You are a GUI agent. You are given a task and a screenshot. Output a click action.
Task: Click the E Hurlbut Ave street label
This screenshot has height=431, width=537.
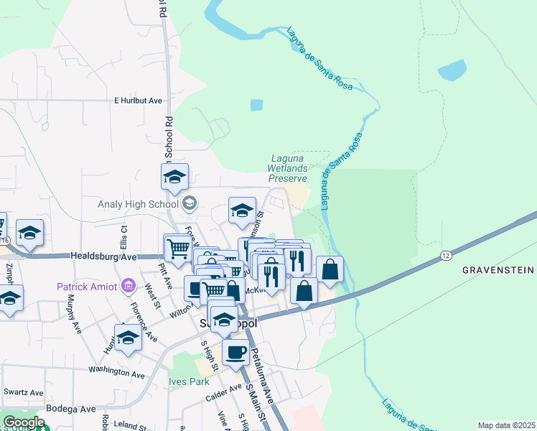[x=138, y=101]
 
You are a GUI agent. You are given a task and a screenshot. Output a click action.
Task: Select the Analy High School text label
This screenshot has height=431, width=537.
[x=137, y=204]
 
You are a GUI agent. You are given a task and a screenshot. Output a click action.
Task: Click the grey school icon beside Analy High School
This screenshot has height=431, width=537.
[x=189, y=204]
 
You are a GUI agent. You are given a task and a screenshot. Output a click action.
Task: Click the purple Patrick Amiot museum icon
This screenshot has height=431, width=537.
[x=129, y=287]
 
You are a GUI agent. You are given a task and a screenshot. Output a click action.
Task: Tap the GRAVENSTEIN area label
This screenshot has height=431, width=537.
[x=498, y=270]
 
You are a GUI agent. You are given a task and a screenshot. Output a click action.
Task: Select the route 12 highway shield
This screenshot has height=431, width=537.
[x=446, y=256]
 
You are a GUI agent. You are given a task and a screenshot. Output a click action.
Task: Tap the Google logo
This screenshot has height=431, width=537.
[x=23, y=422]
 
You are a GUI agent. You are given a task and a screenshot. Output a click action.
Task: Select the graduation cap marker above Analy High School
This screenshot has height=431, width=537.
[x=174, y=177]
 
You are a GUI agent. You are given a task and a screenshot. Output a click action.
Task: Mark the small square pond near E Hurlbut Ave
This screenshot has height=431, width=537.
[x=256, y=105]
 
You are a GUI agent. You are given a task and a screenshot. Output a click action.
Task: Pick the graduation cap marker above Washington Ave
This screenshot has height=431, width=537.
[x=128, y=337]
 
